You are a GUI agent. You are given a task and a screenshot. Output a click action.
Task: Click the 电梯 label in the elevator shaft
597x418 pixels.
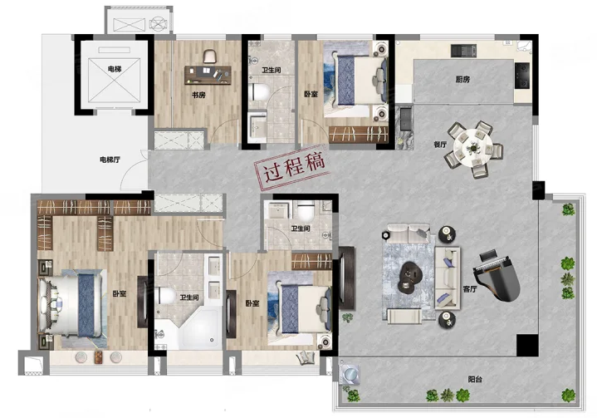coord(115,69)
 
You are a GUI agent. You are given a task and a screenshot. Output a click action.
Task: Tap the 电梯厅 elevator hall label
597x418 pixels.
coord(110,160)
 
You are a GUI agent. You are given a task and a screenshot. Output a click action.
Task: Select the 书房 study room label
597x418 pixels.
coord(198,95)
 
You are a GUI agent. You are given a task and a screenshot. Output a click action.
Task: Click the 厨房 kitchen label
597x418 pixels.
coord(462,79)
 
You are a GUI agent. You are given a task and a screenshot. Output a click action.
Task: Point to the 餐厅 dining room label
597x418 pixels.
coord(440,145)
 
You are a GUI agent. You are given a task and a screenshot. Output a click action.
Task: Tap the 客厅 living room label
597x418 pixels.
coord(470,289)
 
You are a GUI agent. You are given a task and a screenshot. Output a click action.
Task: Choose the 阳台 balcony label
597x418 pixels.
coord(475,379)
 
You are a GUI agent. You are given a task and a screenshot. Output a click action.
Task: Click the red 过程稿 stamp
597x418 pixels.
coord(292,168)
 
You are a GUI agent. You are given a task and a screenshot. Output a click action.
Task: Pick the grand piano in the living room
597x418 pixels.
coord(496,275)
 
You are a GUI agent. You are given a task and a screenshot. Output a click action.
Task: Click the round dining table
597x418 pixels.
coord(473,148)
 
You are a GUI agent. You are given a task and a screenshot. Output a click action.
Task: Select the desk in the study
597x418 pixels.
coord(208,75)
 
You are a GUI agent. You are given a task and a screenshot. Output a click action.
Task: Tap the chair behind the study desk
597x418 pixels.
coord(210,57)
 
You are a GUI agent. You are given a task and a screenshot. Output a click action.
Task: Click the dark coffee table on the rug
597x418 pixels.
coord(409,277)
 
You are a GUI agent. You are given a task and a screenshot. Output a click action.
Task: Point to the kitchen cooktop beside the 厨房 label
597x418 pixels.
coord(522,76)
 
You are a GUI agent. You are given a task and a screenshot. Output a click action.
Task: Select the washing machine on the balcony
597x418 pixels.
coord(349,374)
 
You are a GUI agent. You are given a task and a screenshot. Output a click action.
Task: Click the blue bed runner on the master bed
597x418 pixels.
coord(86,306)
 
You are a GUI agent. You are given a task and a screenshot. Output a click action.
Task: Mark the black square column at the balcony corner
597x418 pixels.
coord(527,345)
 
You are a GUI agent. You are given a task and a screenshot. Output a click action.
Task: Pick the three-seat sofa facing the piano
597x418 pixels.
coord(448,278)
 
